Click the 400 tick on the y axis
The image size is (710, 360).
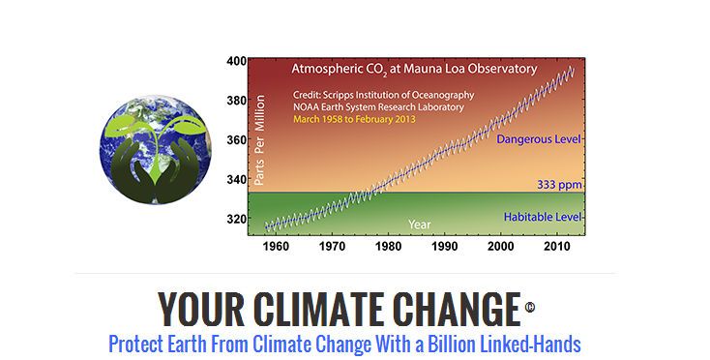tap(236, 61)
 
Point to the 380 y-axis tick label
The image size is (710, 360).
tap(236, 100)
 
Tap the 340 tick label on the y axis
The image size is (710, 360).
tap(236, 179)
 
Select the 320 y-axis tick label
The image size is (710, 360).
tap(236, 219)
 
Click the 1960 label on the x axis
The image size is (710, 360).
tap(276, 247)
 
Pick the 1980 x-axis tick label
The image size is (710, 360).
tap(388, 247)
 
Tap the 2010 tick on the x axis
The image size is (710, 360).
tap(557, 247)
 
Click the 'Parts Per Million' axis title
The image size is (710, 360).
tap(259, 140)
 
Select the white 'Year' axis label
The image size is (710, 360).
tap(419, 225)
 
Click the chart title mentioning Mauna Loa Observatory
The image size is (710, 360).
tap(414, 70)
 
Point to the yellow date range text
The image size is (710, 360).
tap(354, 120)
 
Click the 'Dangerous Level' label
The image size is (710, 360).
tap(539, 139)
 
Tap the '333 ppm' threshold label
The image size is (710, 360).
tap(559, 185)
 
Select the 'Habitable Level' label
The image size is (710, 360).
tap(543, 218)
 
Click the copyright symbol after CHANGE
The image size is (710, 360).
tap(530, 307)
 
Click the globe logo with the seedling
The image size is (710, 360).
tap(156, 150)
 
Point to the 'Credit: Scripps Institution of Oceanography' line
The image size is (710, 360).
tap(383, 96)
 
